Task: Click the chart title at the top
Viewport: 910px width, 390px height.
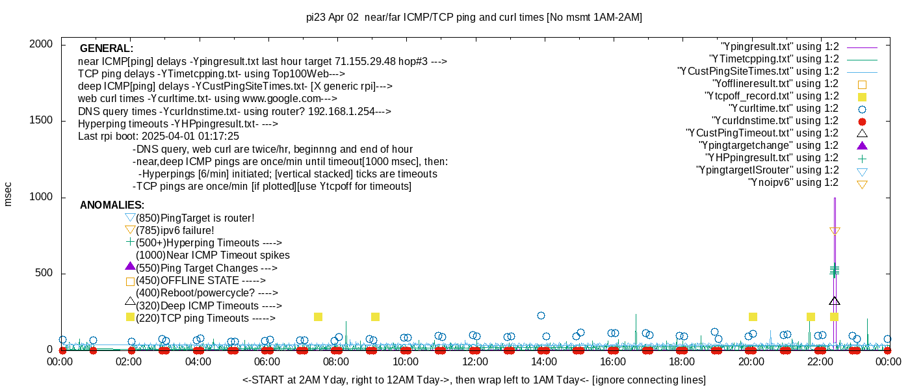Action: point(474,18)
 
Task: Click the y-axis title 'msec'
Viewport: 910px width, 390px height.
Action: point(8,193)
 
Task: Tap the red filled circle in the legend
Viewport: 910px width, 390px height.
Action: point(862,122)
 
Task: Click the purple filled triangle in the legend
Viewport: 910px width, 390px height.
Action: point(862,146)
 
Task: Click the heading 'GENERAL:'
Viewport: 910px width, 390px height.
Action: point(107,49)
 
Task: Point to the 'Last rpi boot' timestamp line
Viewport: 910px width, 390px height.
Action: point(159,136)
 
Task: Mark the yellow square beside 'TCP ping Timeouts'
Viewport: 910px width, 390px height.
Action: point(130,317)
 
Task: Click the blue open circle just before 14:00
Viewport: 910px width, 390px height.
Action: point(541,315)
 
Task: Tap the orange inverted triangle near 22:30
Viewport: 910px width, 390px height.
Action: point(835,231)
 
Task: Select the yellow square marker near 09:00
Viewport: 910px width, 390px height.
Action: point(375,317)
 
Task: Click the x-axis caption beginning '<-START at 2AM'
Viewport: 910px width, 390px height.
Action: point(474,380)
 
